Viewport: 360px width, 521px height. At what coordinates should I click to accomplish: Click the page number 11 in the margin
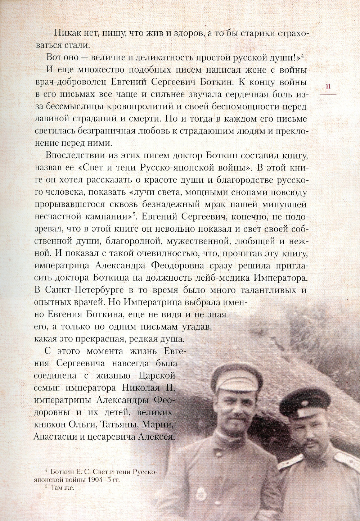(328, 86)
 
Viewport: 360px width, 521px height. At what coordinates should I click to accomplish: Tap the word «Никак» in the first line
(69, 33)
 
